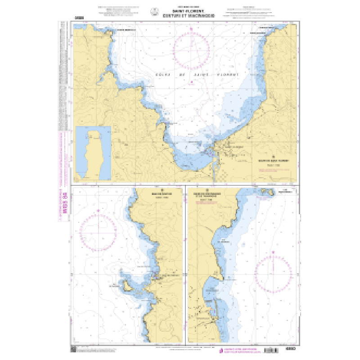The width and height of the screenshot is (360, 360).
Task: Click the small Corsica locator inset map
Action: coord(93,153)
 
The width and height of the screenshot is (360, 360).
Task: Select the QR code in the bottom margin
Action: coord(74,349)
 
